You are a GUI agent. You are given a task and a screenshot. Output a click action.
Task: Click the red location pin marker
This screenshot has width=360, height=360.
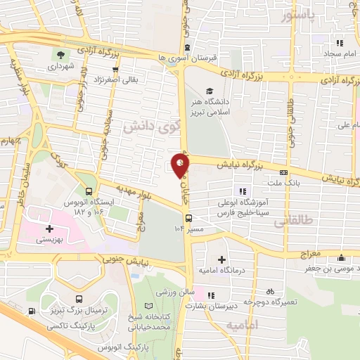coord(181,165)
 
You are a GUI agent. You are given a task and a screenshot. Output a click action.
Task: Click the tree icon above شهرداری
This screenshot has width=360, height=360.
coord(62,53)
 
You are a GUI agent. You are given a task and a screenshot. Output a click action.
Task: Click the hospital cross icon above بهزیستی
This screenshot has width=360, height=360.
coord(49,229)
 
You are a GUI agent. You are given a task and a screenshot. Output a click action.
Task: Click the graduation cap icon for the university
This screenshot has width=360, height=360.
coord(209,91)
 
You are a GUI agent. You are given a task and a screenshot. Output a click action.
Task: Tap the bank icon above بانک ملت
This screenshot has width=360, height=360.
coord(284,172)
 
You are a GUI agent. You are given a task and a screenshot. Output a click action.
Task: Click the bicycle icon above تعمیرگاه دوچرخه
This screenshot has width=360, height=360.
coord(269,290)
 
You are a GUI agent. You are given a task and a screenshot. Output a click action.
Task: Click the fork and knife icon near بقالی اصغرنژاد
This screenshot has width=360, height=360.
coord(109,79)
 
